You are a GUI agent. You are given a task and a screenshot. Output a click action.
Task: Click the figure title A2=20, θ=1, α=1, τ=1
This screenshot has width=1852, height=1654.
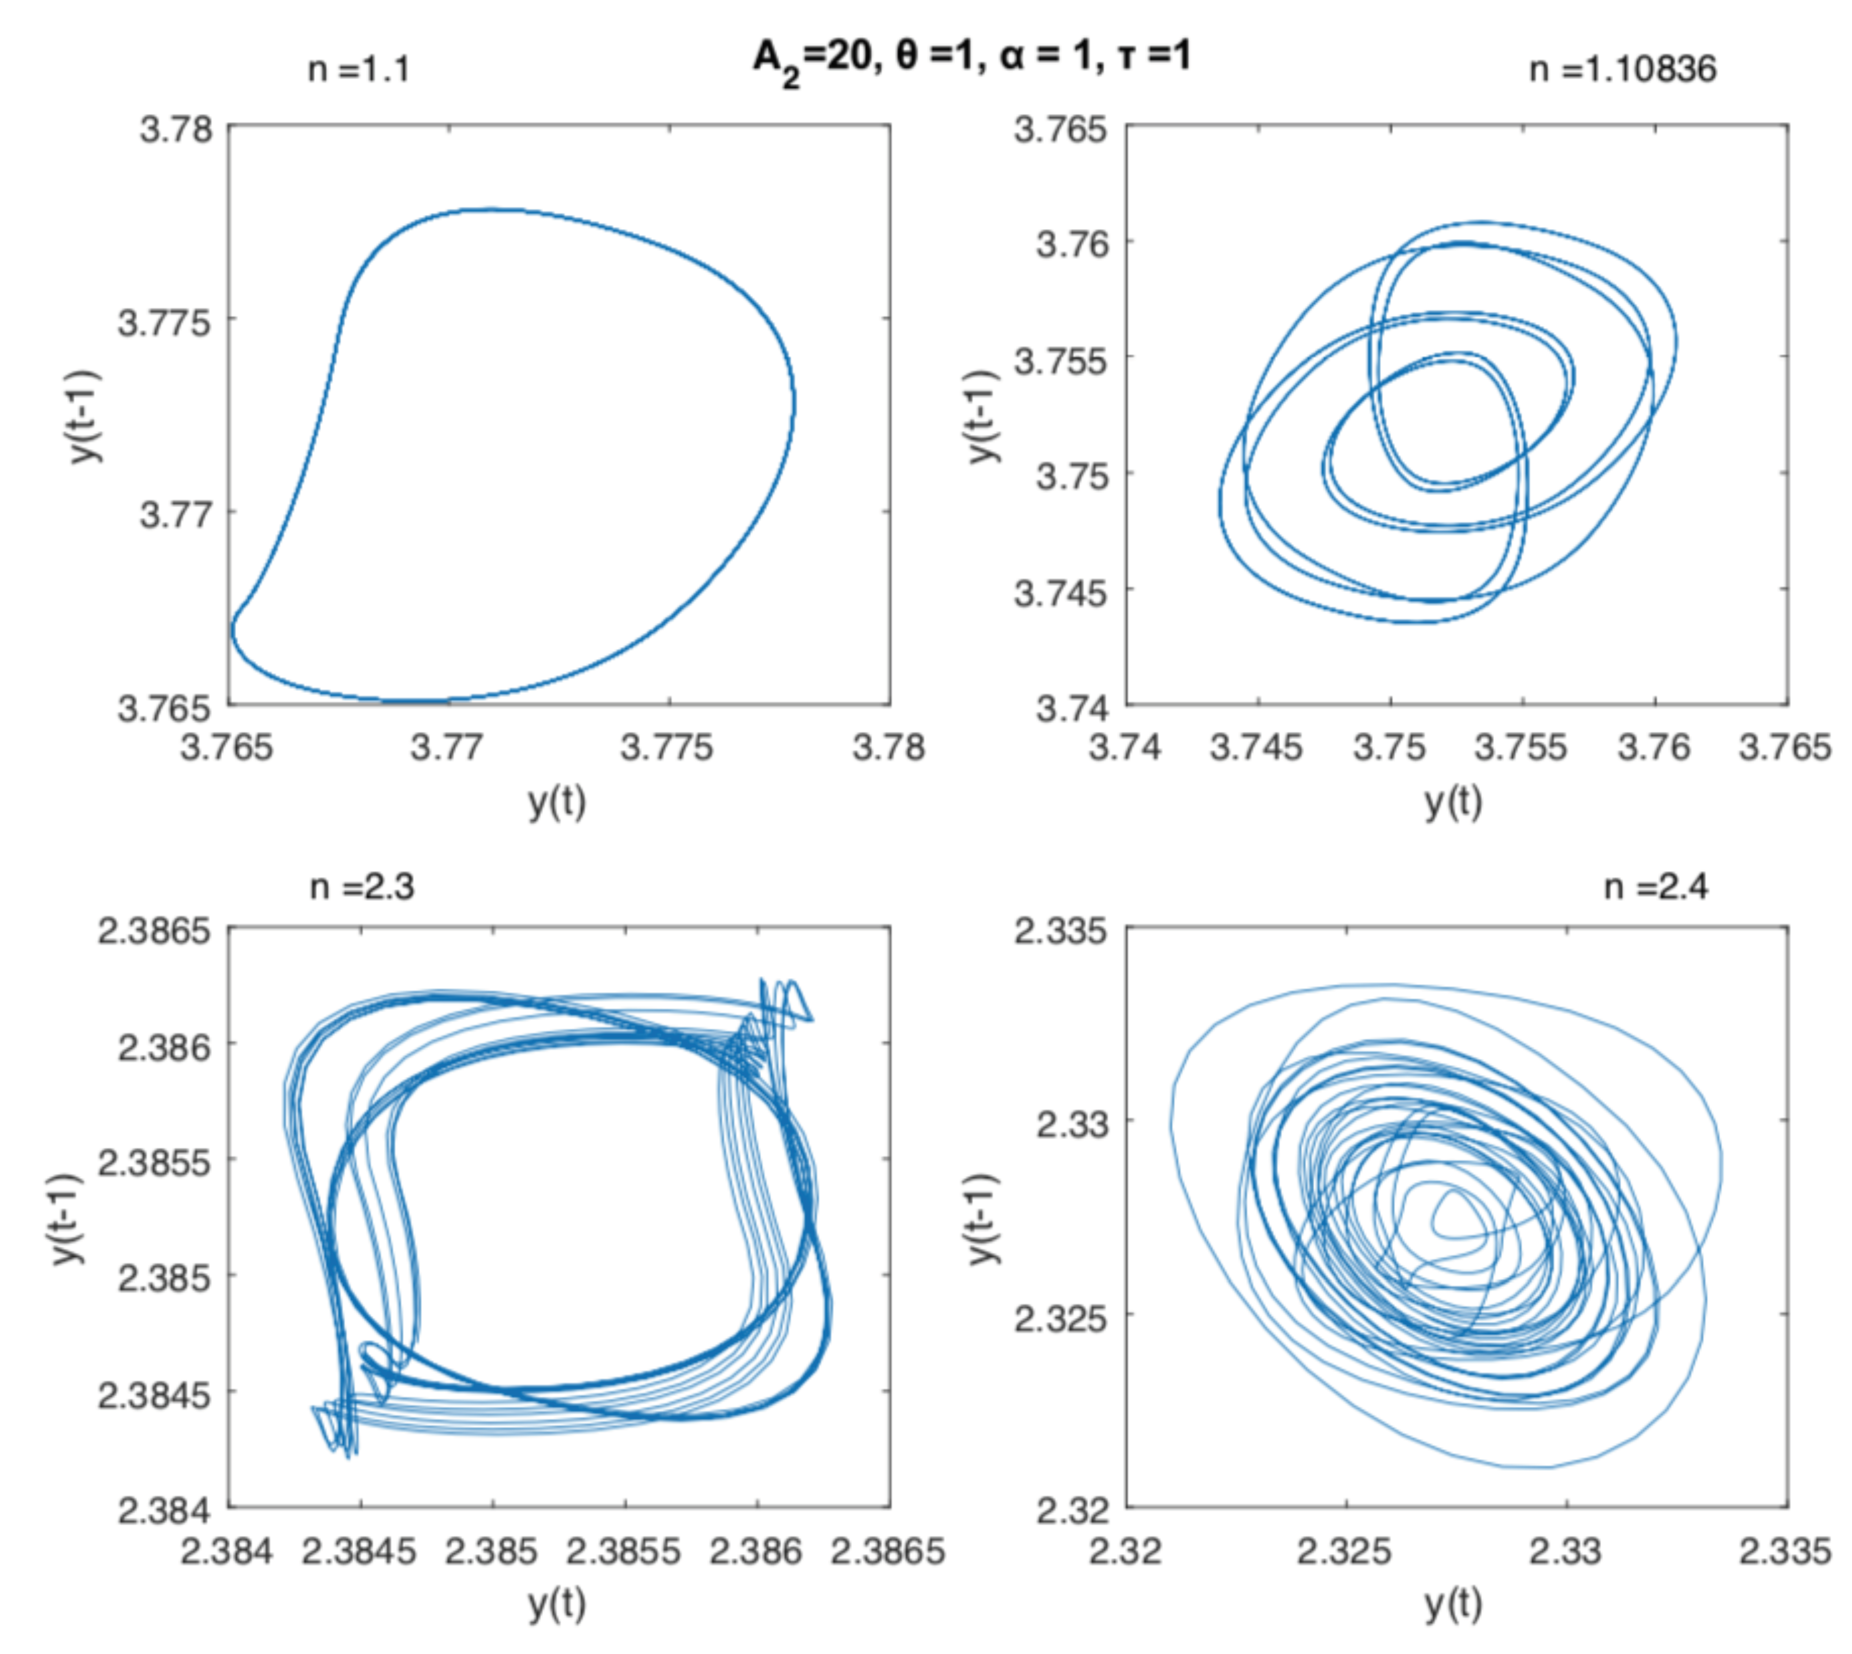click(x=971, y=59)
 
